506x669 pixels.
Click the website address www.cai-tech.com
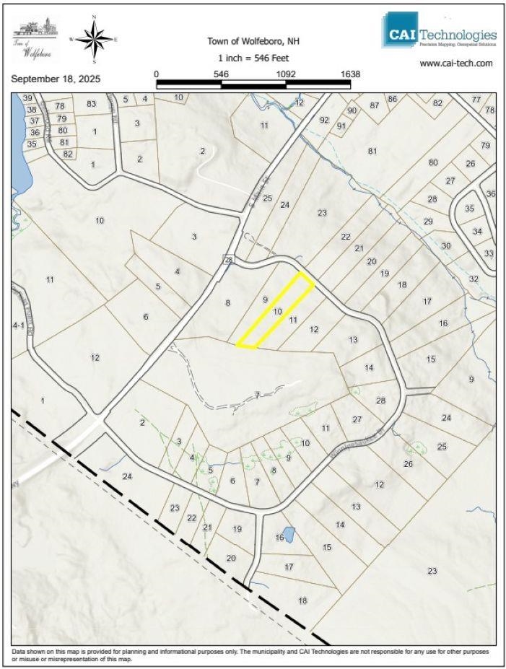click(456, 64)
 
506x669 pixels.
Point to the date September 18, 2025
click(56, 78)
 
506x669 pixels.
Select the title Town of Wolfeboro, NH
click(253, 41)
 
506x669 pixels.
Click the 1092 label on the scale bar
click(286, 74)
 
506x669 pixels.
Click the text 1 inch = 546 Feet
click(253, 58)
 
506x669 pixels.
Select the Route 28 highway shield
click(228, 260)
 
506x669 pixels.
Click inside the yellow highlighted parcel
click(275, 312)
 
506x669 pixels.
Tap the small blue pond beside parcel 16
click(289, 535)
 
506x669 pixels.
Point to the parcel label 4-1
click(19, 325)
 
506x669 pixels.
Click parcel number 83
click(91, 104)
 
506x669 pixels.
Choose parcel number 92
click(324, 120)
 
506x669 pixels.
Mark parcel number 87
click(374, 105)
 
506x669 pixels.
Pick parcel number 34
click(477, 232)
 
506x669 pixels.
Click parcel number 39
click(28, 98)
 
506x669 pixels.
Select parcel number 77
click(476, 99)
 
